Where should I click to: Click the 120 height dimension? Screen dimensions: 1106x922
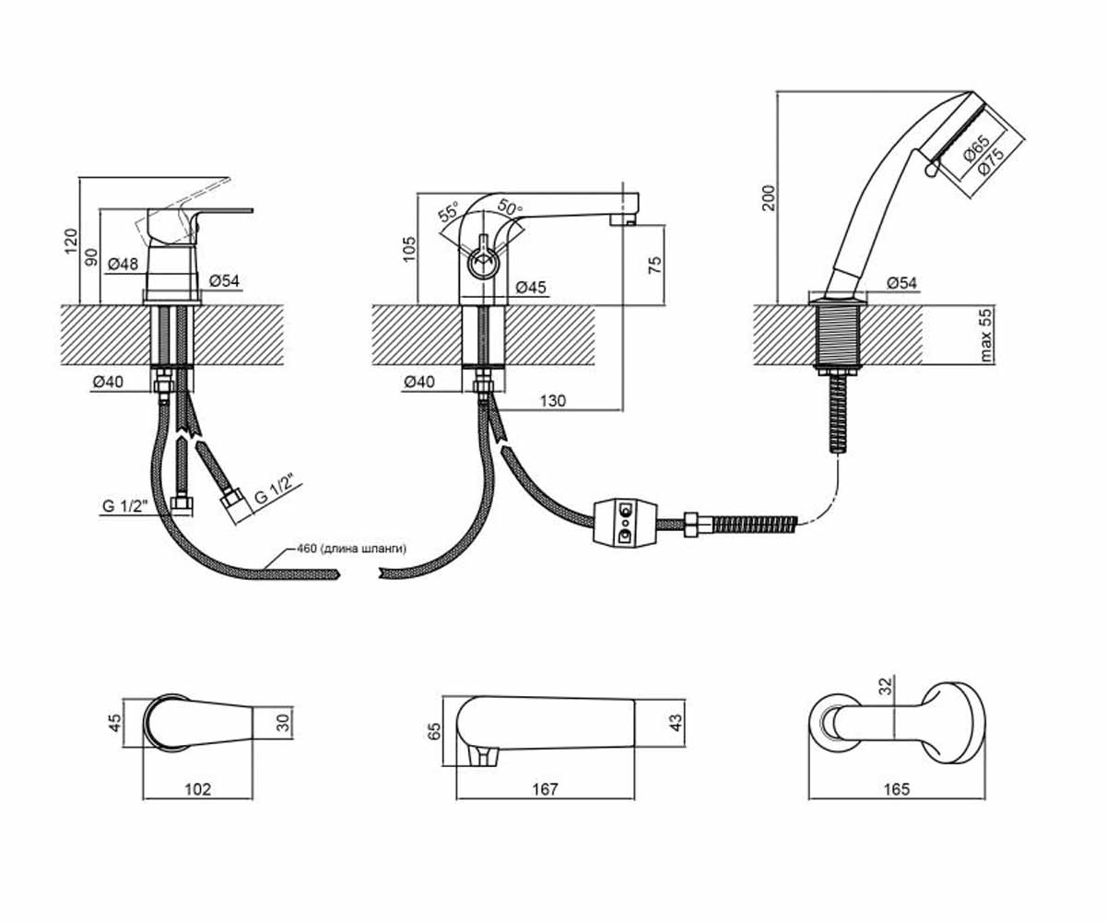71,241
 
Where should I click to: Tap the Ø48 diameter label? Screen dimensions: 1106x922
123,264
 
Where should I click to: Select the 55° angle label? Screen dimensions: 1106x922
449,211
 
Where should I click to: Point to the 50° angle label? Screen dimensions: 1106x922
510,207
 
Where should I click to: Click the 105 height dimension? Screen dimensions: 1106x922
410,249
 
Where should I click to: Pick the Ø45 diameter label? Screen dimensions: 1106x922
531,287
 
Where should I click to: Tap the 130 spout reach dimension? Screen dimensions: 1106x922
552,400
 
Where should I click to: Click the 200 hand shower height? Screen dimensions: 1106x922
769,197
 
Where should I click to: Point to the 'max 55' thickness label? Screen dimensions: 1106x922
985,335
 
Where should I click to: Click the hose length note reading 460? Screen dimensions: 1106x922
351,549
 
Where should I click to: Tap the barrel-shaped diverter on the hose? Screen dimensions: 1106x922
625,522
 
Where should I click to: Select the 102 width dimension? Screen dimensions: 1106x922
197,789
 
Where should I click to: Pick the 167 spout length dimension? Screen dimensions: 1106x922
545,789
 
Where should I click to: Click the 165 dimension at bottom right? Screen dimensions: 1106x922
897,789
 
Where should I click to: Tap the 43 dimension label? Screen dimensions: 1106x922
677,723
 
